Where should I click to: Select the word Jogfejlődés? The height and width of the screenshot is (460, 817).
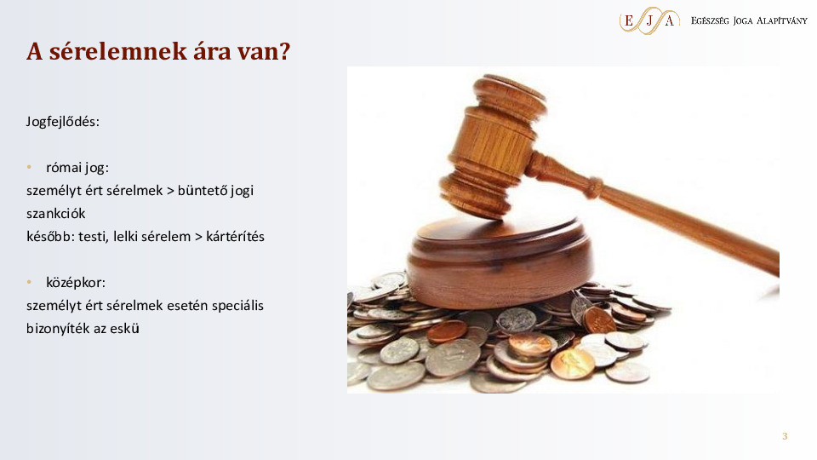63,121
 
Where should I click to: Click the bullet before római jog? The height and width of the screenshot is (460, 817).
29,167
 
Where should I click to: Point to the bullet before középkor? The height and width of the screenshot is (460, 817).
29,282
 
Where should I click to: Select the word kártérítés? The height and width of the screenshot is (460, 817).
235,236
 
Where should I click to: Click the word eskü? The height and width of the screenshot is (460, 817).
125,327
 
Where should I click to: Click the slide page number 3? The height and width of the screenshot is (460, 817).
785,436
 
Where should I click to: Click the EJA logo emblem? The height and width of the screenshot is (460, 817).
648,20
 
